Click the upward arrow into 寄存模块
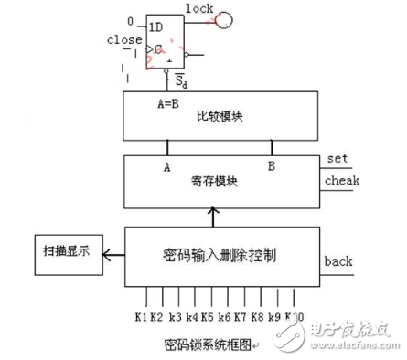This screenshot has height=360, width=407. tap(213, 218)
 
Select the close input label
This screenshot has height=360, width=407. tap(124, 40)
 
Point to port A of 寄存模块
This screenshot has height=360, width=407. tap(166, 166)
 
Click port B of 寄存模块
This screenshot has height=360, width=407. tap(270, 166)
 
